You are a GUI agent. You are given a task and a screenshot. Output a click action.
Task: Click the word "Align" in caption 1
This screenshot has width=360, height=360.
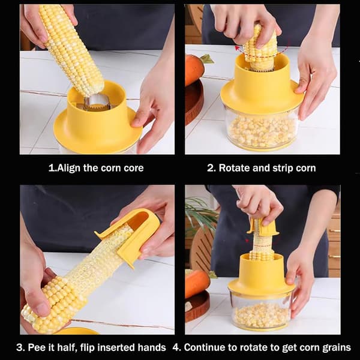point(69,168)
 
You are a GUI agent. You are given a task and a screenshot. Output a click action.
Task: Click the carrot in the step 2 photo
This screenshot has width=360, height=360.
point(194,69)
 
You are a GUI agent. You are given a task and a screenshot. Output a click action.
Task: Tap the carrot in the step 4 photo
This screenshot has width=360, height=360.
point(197,284)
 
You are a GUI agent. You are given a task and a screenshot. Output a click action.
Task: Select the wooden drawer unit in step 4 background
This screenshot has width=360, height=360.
point(334,241)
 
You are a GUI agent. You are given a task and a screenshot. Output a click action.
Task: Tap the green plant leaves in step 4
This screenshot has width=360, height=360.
point(200,214)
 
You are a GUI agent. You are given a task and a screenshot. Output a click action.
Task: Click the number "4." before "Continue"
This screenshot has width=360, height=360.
point(177,347)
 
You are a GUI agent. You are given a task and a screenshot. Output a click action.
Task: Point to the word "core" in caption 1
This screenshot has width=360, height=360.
point(134,168)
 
